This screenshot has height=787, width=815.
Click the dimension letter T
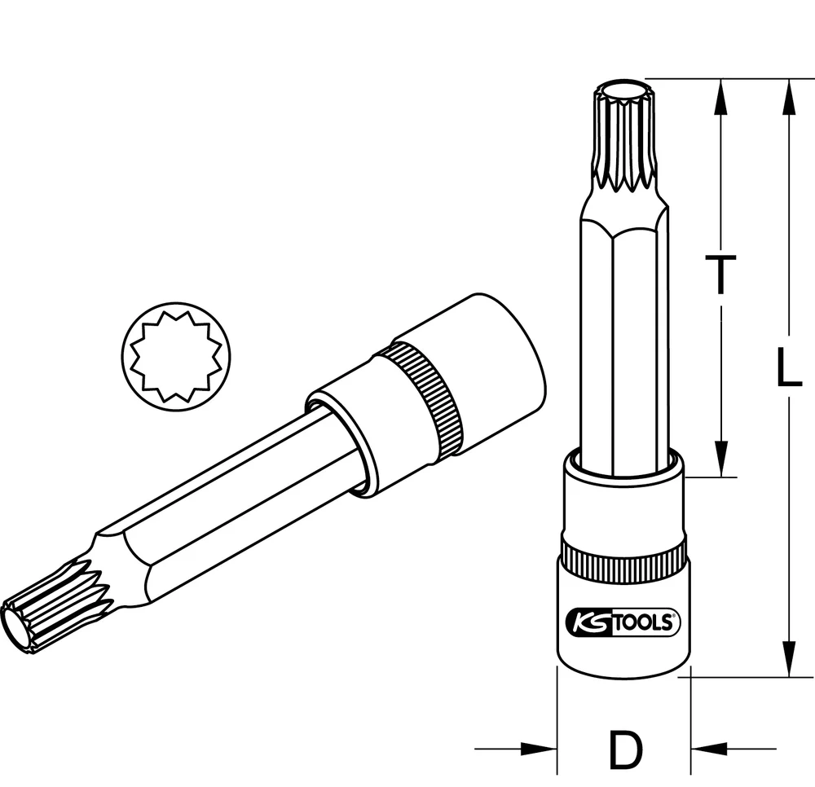click(720, 274)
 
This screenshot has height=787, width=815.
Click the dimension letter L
click(787, 367)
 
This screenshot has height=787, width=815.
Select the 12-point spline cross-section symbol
click(176, 356)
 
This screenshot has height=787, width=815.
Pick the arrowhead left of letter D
click(539, 749)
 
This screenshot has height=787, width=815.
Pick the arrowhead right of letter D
click(708, 749)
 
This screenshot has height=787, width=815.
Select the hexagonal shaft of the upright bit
click(623, 342)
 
